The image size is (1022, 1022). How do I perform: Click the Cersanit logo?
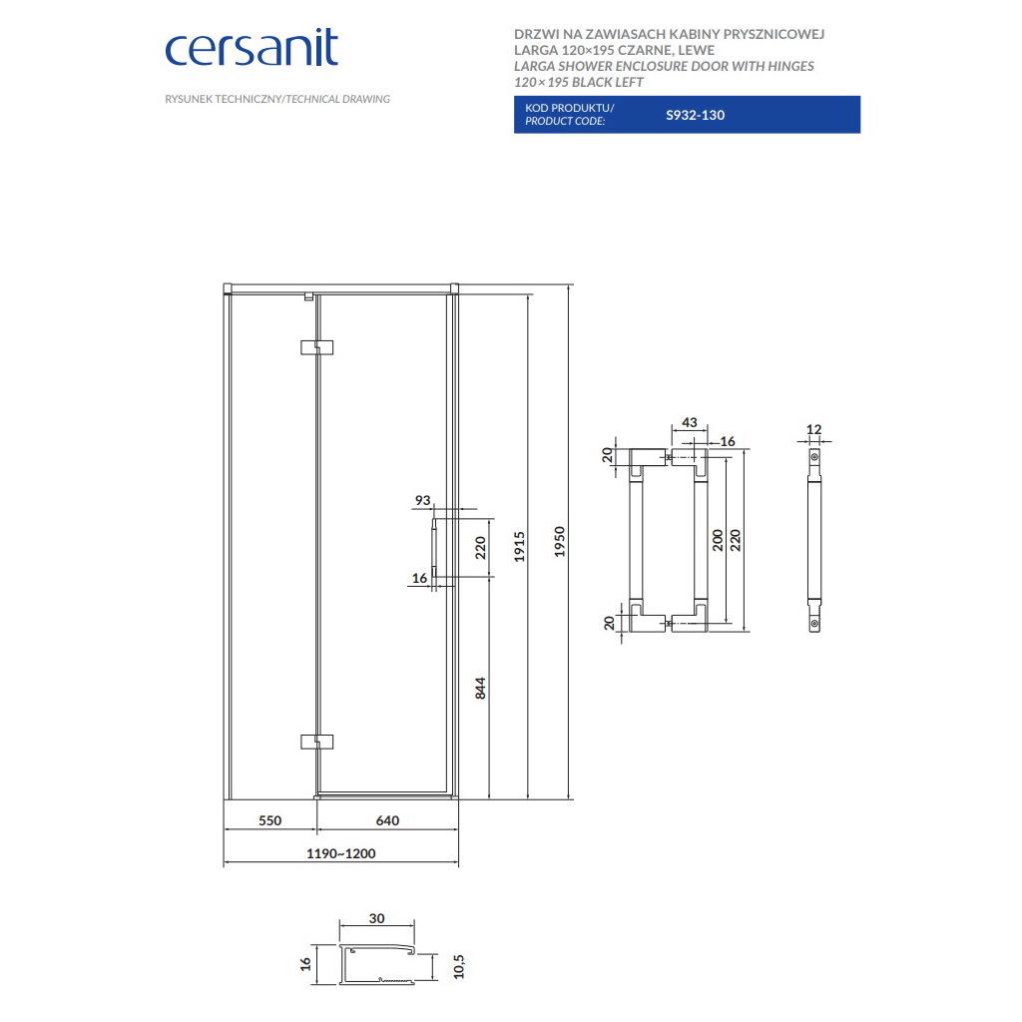[x=252, y=48]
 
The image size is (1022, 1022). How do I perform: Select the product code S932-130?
[x=695, y=115]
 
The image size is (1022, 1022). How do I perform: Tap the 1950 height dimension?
[x=559, y=541]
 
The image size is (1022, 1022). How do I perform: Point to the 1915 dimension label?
[x=519, y=546]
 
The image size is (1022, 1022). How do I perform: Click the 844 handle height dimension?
[x=480, y=688]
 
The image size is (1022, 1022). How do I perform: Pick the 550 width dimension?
[x=269, y=820]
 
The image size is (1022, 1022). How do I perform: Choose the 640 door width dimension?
[x=387, y=820]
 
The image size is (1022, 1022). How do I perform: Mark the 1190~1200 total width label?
[x=341, y=853]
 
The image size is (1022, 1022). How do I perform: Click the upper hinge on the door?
[x=316, y=346]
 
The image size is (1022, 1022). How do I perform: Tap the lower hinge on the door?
[x=316, y=742]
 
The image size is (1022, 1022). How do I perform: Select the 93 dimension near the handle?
[x=423, y=500]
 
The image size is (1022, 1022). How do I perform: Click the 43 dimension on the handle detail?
[x=689, y=422]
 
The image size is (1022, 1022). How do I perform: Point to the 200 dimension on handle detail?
[x=718, y=540]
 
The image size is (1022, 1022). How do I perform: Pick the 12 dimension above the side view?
[x=814, y=429]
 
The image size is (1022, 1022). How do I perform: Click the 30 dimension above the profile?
[x=376, y=918]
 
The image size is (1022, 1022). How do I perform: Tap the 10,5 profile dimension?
[x=459, y=966]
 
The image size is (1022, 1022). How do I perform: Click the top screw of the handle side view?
[x=814, y=457]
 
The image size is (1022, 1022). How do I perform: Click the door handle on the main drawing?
[x=434, y=548]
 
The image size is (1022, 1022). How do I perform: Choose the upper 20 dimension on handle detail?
[x=607, y=455]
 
